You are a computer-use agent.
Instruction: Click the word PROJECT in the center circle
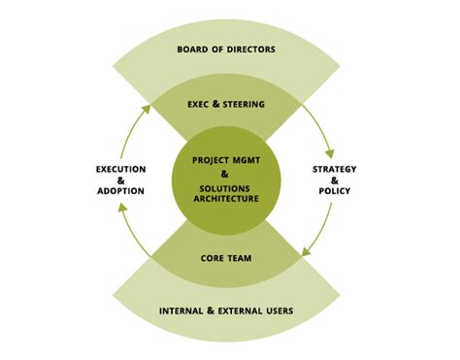tap(213, 159)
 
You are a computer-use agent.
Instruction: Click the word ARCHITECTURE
tap(225, 198)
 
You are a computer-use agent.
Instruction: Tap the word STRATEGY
tap(334, 169)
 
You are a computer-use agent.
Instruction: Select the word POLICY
tap(334, 191)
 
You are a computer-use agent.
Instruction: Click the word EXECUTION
tap(120, 169)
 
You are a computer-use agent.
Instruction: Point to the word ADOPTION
tap(120, 191)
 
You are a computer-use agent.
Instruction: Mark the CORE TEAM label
tap(225, 258)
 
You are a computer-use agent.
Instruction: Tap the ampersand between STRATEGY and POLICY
tap(334, 180)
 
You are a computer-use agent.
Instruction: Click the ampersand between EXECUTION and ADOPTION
tap(120, 180)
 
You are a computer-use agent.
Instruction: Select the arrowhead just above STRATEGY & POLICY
tap(330, 152)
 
